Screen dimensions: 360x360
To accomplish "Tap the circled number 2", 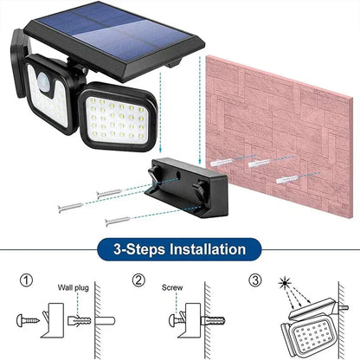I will pos(138,281).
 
